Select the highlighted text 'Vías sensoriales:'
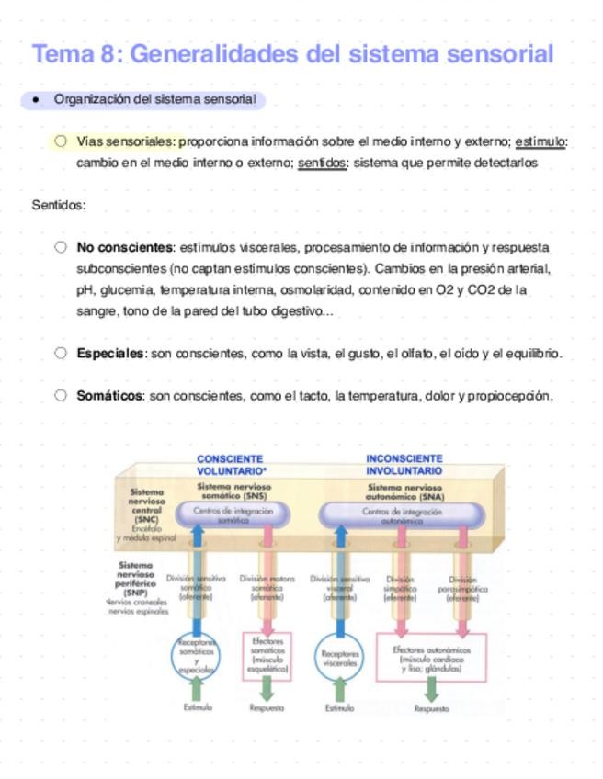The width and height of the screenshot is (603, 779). pyautogui.click(x=127, y=141)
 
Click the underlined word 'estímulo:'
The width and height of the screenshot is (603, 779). pyautogui.click(x=541, y=141)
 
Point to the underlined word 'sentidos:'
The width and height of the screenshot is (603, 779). pyautogui.click(x=323, y=163)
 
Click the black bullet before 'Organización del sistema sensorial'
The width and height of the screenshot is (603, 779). pyautogui.click(x=35, y=99)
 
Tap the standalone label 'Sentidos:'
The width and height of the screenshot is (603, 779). pyautogui.click(x=59, y=205)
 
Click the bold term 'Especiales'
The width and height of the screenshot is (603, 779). pyautogui.click(x=111, y=353)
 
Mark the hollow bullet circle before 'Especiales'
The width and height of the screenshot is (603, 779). pyautogui.click(x=61, y=353)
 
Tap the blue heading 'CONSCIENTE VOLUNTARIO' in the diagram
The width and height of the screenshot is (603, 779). pyautogui.click(x=230, y=465)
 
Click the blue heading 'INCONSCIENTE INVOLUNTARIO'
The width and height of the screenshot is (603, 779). pyautogui.click(x=404, y=465)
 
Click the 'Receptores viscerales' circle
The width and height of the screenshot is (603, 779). pyautogui.click(x=340, y=659)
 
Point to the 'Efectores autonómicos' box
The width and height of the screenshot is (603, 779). pyautogui.click(x=431, y=659)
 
